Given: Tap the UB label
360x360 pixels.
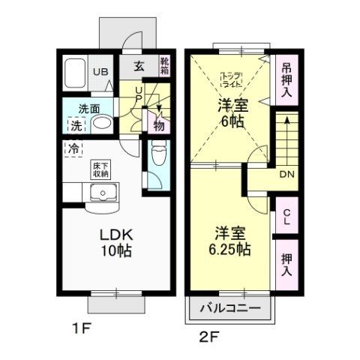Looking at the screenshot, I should (x=100, y=73).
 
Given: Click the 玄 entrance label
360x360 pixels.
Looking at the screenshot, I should (x=140, y=66).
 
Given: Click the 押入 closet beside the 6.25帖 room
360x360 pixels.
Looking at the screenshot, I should (x=286, y=264).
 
